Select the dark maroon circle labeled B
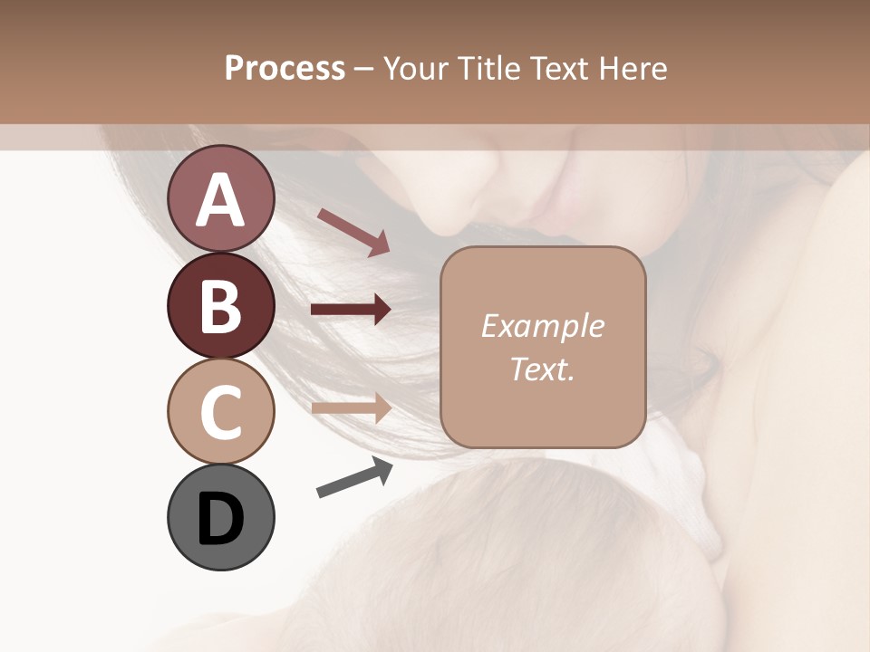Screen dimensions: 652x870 pyautogui.click(x=220, y=305)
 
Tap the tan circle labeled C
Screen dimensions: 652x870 pyautogui.click(x=220, y=411)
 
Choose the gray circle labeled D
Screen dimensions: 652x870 pyautogui.click(x=220, y=517)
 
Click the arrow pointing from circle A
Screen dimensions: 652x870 pyautogui.click(x=353, y=231)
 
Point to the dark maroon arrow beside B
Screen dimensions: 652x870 pyautogui.click(x=351, y=310)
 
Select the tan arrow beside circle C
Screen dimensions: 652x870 pyautogui.click(x=351, y=407)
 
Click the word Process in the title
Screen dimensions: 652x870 pyautogui.click(x=285, y=68)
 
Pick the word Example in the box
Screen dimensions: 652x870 pyautogui.click(x=542, y=326)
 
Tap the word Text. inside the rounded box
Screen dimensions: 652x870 pyautogui.click(x=542, y=369)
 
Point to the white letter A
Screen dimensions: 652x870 pyautogui.click(x=220, y=200)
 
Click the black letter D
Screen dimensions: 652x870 pyautogui.click(x=220, y=519)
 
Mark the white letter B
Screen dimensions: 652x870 pyautogui.click(x=220, y=306)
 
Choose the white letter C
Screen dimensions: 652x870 pyautogui.click(x=220, y=412)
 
